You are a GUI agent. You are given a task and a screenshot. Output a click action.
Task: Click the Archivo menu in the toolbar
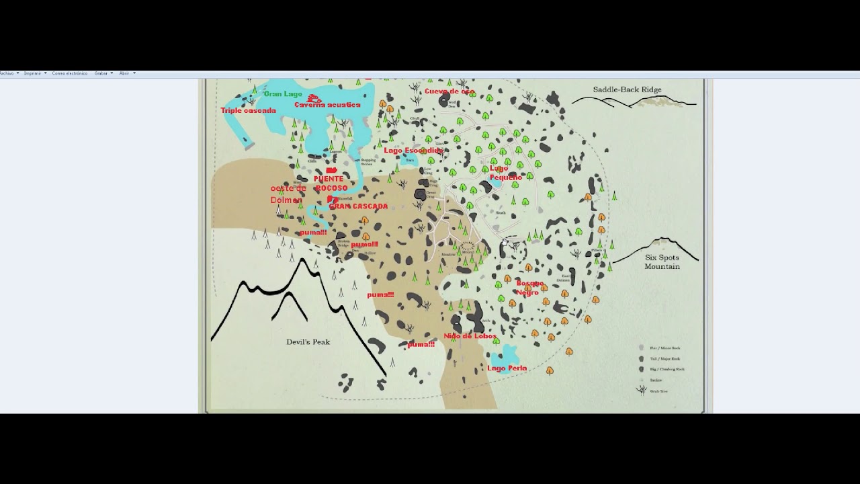point(7,73)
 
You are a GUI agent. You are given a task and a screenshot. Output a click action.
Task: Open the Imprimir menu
point(33,73)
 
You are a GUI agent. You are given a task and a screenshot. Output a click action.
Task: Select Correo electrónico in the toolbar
point(69,73)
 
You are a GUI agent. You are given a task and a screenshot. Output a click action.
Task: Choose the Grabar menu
point(101,73)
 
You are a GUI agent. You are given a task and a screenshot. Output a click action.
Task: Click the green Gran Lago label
point(283,94)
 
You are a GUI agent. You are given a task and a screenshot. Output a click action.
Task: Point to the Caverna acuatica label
point(327,105)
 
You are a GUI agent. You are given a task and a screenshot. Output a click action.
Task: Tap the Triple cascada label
point(248,110)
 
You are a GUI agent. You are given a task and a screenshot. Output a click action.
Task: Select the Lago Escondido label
point(413,151)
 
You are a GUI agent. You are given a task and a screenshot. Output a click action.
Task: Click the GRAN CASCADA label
point(358,206)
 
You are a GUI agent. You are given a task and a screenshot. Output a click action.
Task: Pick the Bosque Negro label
point(529,288)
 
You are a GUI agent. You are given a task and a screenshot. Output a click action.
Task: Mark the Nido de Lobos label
point(470,336)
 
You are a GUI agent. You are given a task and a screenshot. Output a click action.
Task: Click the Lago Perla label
point(507,368)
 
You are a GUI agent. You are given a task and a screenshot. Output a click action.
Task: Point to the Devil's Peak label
point(308,342)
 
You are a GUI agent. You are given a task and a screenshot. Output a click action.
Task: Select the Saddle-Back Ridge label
point(627,89)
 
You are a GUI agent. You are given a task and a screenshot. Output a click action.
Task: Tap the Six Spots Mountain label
point(662,262)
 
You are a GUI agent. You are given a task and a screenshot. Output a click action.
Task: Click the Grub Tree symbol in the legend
point(642,391)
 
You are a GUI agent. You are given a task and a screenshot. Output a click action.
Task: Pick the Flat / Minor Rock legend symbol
point(642,348)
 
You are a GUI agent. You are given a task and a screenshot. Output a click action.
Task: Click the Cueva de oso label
point(449,91)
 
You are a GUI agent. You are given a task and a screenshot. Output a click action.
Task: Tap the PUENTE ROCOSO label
point(329,184)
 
